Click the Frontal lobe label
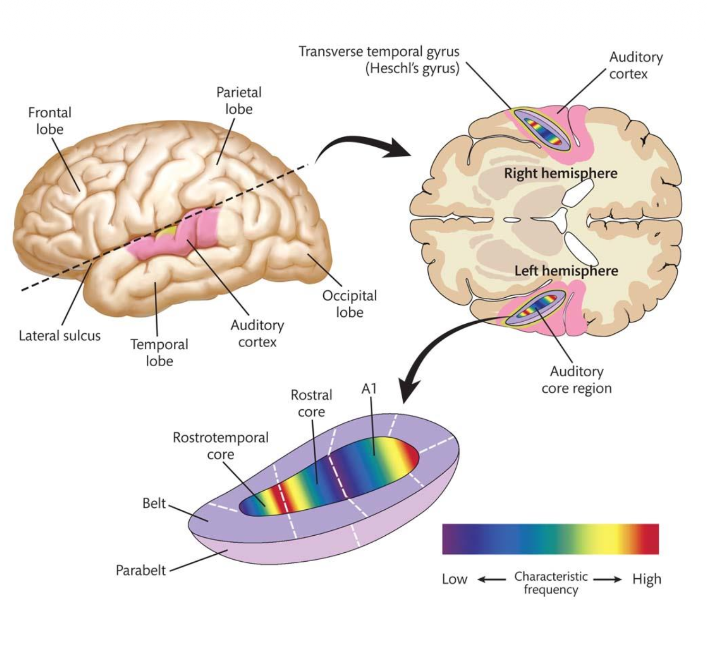(50, 121)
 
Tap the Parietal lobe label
(238, 101)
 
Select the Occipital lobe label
(349, 304)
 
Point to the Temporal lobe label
(159, 352)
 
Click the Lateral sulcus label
(59, 336)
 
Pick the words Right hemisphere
(560, 173)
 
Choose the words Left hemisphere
(566, 271)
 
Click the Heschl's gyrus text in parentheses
(412, 69)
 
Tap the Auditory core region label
(577, 379)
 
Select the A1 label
(369, 389)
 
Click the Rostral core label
(311, 403)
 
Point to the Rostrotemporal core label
(220, 446)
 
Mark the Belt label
(154, 503)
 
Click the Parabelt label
(140, 571)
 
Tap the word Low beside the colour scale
(454, 579)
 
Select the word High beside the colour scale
(647, 579)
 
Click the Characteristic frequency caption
(551, 583)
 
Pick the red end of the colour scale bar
(649, 539)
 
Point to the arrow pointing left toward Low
(491, 579)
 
